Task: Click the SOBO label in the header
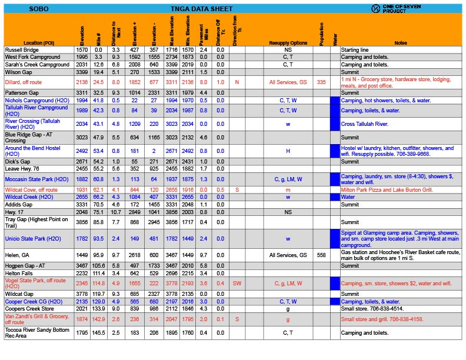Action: tap(39, 9)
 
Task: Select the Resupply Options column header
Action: tap(288, 43)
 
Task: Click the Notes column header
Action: tap(401, 43)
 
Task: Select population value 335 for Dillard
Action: tap(321, 82)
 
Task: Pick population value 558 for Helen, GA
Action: tap(321, 256)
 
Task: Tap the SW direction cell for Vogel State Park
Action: tap(237, 284)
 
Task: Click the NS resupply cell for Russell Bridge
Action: tap(288, 51)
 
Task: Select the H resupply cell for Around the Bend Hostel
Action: tap(288, 151)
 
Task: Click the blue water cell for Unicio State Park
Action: tap(335, 239)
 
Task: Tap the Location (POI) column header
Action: tap(39, 43)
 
